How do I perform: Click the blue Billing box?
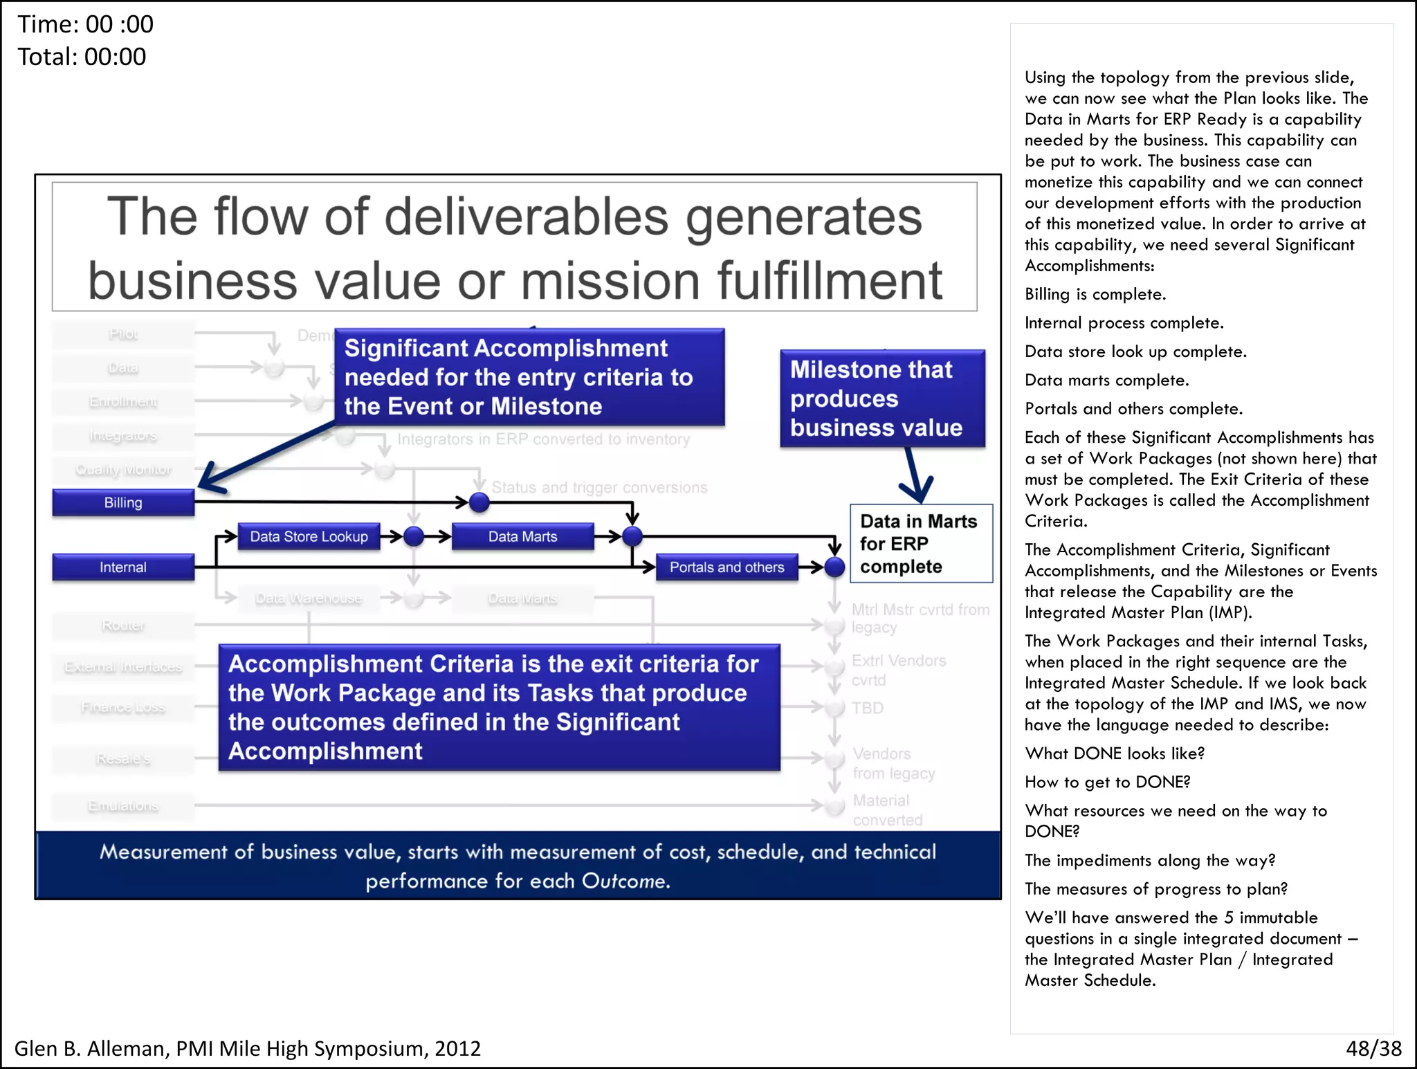point(123,502)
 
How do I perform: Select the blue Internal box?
point(123,567)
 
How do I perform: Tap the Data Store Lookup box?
point(309,536)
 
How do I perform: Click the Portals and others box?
point(726,567)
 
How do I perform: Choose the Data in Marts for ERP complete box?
point(921,544)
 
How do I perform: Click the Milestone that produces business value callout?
point(882,399)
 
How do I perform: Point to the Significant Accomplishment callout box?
point(529,377)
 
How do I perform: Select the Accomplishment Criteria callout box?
point(499,707)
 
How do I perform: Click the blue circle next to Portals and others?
point(835,567)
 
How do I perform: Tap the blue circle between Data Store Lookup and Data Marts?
point(414,536)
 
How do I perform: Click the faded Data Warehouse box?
point(309,599)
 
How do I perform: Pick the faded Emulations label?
point(123,806)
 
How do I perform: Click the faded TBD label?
point(868,708)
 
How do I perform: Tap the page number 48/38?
point(1373,1048)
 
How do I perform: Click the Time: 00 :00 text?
point(85,24)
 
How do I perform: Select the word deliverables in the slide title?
point(526,217)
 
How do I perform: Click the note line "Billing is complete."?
point(1095,295)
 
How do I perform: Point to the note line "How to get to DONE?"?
point(1107,782)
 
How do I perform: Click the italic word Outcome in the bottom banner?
point(625,881)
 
